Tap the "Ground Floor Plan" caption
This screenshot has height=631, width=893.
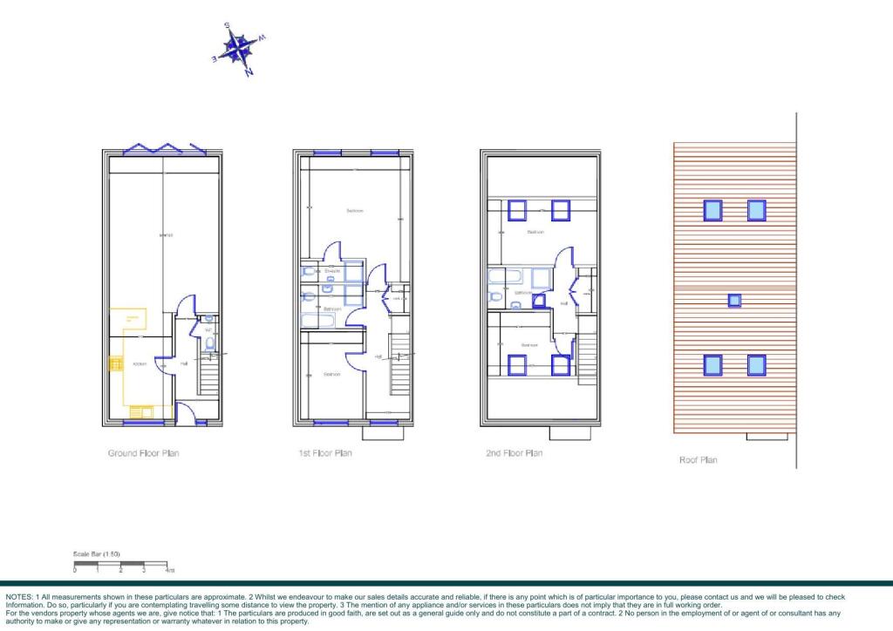144,453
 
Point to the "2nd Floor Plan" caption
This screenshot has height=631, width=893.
514,453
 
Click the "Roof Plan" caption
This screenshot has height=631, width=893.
698,459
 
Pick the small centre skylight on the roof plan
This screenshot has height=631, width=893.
735,300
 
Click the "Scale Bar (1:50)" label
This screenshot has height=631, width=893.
95,554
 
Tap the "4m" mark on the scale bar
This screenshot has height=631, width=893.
170,570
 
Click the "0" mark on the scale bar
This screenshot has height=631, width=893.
75,570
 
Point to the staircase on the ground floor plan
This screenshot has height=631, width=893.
207,376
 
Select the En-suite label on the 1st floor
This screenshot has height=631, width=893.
331,272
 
